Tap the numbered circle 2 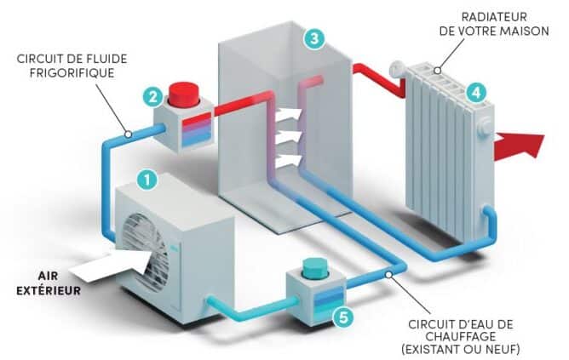pyautogui.click(x=153, y=96)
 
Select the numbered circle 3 pyautogui.click(x=314, y=38)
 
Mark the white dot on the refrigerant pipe pyautogui.click(x=127, y=134)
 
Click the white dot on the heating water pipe pyautogui.click(x=390, y=273)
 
